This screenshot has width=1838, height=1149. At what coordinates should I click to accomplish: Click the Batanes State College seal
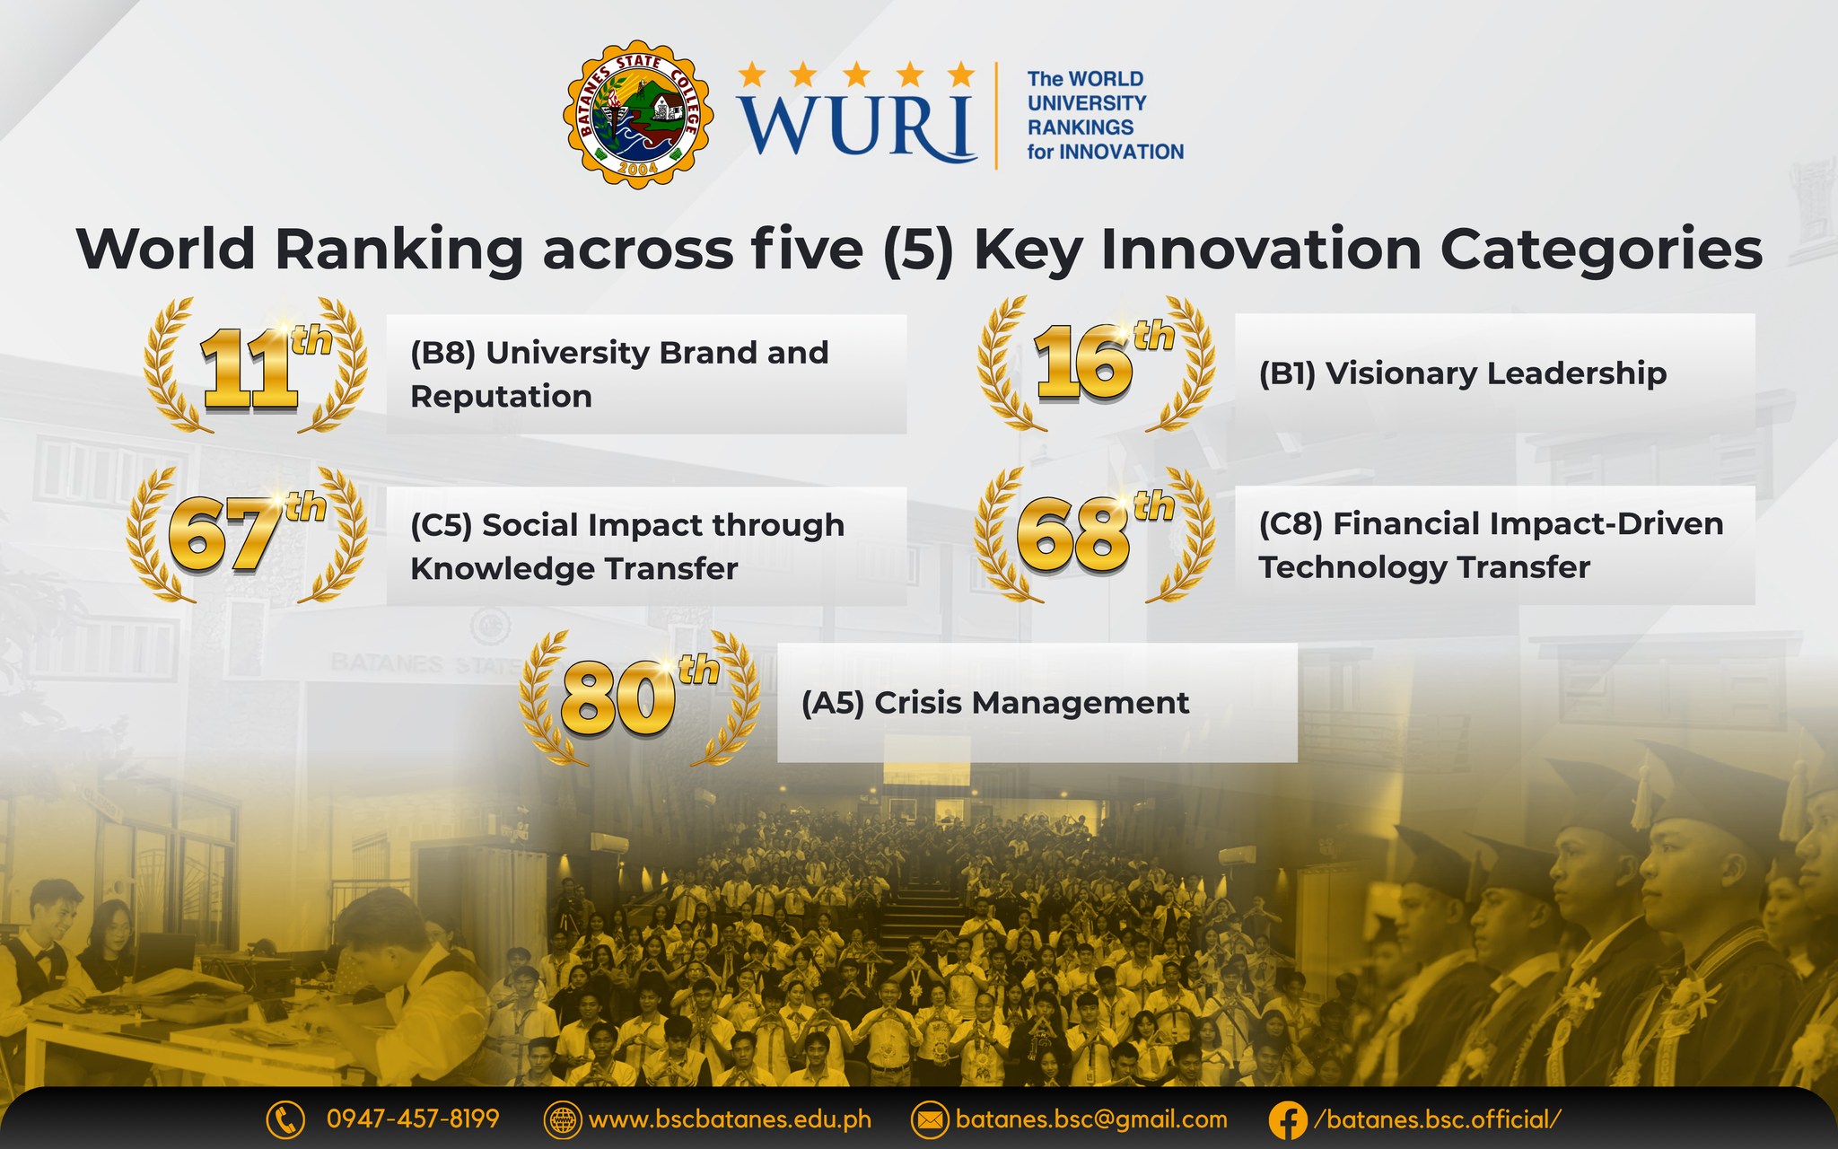pyautogui.click(x=638, y=114)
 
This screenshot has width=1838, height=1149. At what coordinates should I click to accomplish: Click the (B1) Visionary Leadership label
pyautogui.click(x=1463, y=373)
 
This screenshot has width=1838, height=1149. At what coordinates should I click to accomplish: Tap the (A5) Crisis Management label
pyautogui.click(x=995, y=703)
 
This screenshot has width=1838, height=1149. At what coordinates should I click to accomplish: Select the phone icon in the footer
pyautogui.click(x=285, y=1119)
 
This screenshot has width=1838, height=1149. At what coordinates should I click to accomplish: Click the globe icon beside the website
pyautogui.click(x=563, y=1120)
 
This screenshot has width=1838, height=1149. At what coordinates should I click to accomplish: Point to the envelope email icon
pyautogui.click(x=930, y=1120)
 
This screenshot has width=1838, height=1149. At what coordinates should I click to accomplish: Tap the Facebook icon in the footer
pyautogui.click(x=1288, y=1120)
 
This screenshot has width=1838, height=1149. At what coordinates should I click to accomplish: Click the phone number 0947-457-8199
pyautogui.click(x=413, y=1118)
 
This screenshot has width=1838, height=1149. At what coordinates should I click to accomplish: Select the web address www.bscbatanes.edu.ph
pyautogui.click(x=730, y=1120)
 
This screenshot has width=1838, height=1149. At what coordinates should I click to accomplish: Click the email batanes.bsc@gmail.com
pyautogui.click(x=1091, y=1120)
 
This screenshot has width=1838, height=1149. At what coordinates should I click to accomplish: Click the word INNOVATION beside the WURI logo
pyautogui.click(x=1122, y=152)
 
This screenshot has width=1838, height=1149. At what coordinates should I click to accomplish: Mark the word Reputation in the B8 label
pyautogui.click(x=501, y=397)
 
